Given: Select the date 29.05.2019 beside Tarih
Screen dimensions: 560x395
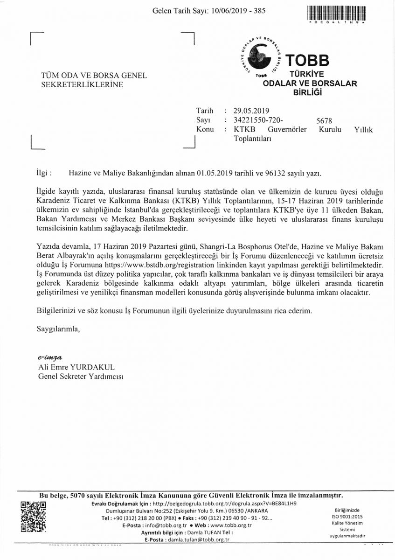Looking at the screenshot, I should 252,111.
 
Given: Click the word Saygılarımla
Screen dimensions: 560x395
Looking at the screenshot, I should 58,329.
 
